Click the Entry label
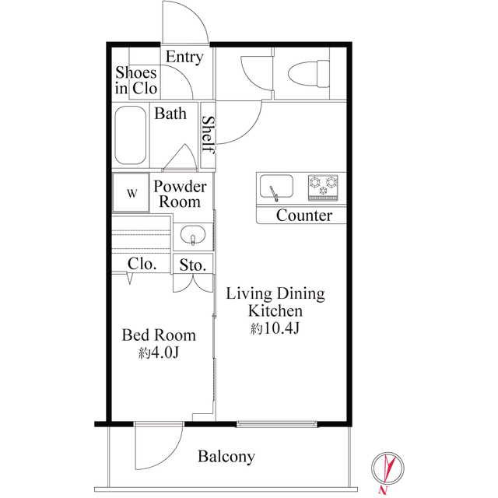[184, 58]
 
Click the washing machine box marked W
[131, 193]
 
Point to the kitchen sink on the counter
[275, 188]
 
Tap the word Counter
[303, 216]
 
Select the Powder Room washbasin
[191, 234]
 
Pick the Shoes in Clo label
[136, 80]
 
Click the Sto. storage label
[193, 265]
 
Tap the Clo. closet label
[142, 264]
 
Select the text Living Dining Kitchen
[275, 303]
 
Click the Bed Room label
[159, 335]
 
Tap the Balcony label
[226, 457]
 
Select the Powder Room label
[180, 194]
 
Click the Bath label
[170, 114]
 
